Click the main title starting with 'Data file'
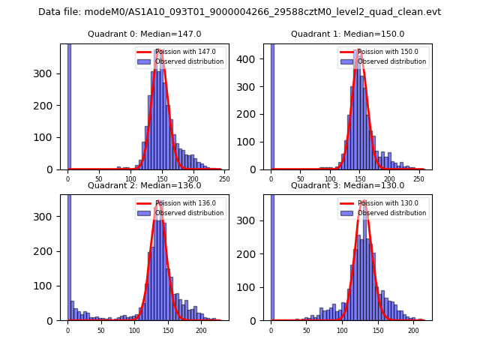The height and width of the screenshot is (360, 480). point(239,12)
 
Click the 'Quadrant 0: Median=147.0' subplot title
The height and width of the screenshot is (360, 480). point(144,34)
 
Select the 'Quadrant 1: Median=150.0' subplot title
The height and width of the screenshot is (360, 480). point(347,34)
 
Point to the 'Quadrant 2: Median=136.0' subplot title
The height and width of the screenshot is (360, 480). point(144,185)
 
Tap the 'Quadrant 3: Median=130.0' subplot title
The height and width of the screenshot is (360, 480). point(347,185)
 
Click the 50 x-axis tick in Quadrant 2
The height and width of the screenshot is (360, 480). point(101,330)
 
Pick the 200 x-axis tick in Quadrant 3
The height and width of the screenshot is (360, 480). point(412,330)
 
